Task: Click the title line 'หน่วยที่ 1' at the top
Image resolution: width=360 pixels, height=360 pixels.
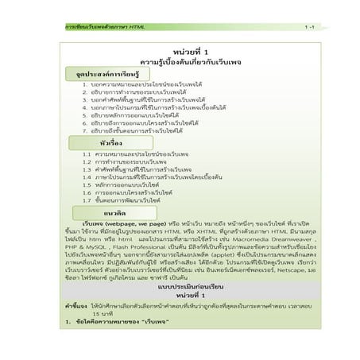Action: click(x=180, y=52)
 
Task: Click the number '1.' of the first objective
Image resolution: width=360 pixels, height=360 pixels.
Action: click(x=85, y=83)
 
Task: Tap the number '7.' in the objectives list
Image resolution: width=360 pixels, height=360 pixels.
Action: click(x=85, y=130)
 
